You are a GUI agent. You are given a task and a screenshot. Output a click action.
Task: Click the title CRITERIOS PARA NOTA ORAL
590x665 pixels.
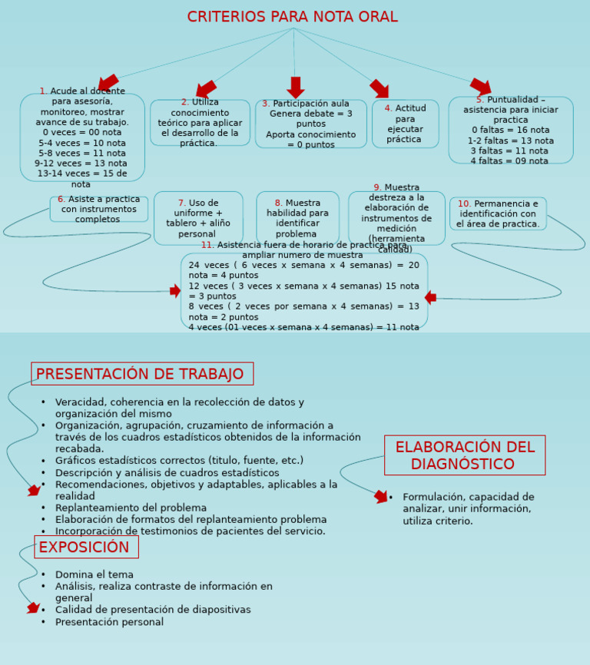(292, 17)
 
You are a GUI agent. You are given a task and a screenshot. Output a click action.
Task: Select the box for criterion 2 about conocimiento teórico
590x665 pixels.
(200, 123)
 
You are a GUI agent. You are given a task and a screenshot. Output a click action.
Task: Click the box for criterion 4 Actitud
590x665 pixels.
(405, 124)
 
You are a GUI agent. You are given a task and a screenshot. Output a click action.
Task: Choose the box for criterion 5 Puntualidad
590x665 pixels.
(510, 130)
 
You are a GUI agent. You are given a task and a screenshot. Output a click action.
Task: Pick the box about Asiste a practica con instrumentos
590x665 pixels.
(98, 209)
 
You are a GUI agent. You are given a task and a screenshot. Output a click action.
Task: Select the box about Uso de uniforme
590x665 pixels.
(197, 218)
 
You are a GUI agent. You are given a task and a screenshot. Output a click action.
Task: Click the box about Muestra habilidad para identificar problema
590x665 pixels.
(297, 218)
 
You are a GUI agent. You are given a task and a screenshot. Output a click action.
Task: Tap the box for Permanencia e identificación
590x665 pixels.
(498, 213)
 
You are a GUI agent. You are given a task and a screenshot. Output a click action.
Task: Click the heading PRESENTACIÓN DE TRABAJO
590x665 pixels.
(141, 374)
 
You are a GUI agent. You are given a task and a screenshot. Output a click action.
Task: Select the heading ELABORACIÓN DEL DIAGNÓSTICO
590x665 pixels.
(464, 455)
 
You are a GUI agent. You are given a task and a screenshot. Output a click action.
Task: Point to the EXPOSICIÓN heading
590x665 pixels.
(85, 547)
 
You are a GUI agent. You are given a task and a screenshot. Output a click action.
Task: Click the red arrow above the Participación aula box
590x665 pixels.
(295, 87)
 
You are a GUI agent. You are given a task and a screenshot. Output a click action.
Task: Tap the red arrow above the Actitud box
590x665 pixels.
(380, 88)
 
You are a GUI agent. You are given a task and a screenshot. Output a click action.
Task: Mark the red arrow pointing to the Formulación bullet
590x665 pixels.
(381, 497)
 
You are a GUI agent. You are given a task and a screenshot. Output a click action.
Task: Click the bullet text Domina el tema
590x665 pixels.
(94, 574)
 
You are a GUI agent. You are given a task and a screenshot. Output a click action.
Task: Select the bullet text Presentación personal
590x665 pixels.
(109, 622)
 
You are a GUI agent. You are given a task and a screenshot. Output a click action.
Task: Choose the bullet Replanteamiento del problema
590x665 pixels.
(131, 508)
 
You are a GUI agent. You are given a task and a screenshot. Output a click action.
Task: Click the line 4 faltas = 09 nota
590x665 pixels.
(509, 161)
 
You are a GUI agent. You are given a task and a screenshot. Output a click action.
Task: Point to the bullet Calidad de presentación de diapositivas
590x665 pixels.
(152, 610)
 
